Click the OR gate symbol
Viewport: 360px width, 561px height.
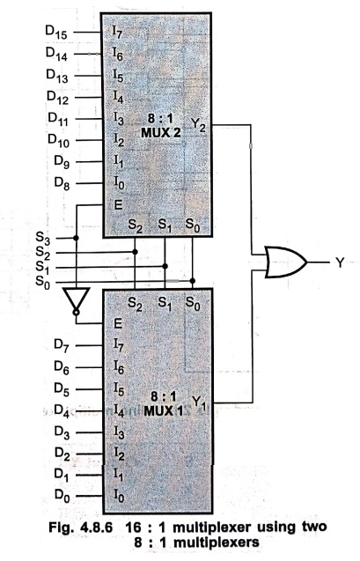click(x=286, y=262)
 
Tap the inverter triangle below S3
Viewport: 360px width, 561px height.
click(x=77, y=299)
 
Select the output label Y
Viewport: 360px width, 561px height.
click(x=340, y=262)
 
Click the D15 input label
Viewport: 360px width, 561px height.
click(x=56, y=32)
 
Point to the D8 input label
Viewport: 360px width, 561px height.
click(x=62, y=183)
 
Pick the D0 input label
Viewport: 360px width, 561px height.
click(x=62, y=496)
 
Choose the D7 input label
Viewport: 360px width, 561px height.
click(x=62, y=345)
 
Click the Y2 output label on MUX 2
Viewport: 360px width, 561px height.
click(x=198, y=125)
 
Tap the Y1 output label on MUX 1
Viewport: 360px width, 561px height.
click(x=199, y=402)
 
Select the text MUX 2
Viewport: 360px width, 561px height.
click(x=161, y=133)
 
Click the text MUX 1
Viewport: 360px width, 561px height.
click(x=163, y=410)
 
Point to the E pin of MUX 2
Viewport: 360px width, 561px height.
click(x=118, y=205)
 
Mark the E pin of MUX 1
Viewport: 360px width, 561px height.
click(x=118, y=324)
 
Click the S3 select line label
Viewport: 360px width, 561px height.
click(x=43, y=239)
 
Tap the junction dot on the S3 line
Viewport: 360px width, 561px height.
click(x=76, y=238)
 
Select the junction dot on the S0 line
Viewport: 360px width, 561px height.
click(x=193, y=281)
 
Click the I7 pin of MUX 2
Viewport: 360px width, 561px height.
click(x=118, y=33)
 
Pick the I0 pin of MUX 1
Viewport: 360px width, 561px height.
click(x=119, y=496)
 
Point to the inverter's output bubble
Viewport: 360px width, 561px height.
click(x=77, y=313)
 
